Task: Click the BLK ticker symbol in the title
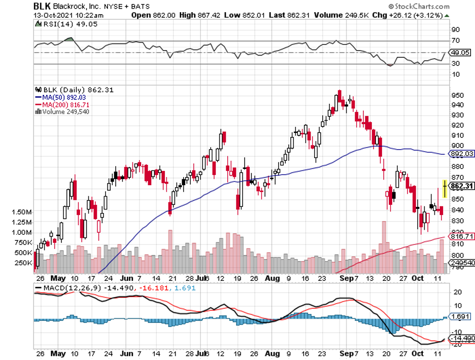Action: click(43, 7)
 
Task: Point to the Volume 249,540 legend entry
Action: click(62, 112)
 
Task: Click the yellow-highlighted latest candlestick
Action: click(445, 189)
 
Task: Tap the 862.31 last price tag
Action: click(462, 186)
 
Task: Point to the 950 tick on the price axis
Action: click(458, 95)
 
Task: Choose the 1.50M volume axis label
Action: click(22, 211)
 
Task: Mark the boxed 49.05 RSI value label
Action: click(461, 53)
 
